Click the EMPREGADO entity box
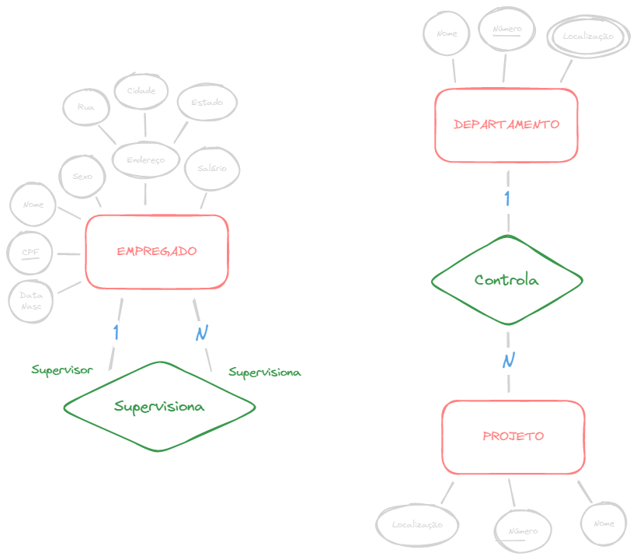pyautogui.click(x=157, y=251)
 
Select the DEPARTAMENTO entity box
pyautogui.click(x=506, y=124)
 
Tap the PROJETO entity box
pyautogui.click(x=513, y=436)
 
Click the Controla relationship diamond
pyautogui.click(x=506, y=280)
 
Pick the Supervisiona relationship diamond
pyautogui.click(x=159, y=406)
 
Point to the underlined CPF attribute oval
pyautogui.click(x=31, y=253)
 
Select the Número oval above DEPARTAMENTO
pyautogui.click(x=507, y=30)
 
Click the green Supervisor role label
pyautogui.click(x=62, y=369)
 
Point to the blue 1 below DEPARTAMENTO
pyautogui.click(x=507, y=198)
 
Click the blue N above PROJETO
pyautogui.click(x=509, y=360)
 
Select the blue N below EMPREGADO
pyautogui.click(x=202, y=333)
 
